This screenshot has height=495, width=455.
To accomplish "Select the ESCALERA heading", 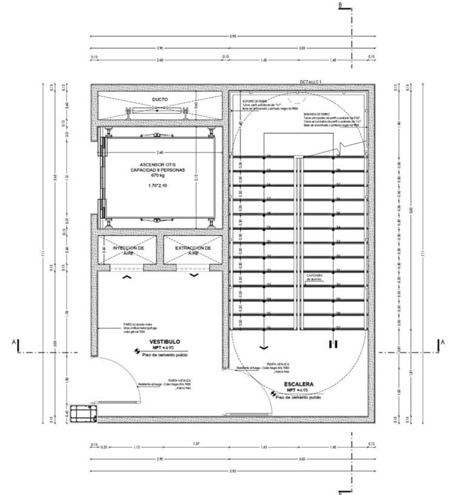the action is click(299, 384).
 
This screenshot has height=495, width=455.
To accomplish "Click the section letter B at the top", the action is click(341, 5).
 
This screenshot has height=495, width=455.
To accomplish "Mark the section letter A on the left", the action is click(14, 343).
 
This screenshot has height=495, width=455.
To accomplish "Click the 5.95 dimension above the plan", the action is click(233, 37).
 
